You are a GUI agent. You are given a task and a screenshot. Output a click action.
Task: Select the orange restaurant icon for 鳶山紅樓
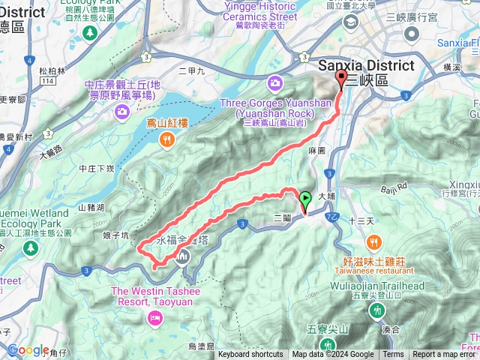click(166, 138)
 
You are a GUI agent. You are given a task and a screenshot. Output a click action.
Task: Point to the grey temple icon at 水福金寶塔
click(184, 258)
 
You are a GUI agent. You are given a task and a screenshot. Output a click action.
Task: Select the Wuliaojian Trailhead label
click(383, 286)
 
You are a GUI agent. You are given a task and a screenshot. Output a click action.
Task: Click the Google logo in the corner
click(28, 349)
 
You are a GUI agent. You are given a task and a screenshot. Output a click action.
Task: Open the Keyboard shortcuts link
click(250, 355)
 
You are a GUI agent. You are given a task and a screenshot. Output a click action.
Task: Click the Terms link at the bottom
click(393, 355)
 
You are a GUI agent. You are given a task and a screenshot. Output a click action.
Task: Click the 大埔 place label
click(326, 196)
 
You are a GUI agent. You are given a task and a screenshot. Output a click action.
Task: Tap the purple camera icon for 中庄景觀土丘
click(121, 112)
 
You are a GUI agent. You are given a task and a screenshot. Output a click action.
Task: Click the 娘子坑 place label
click(115, 235)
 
